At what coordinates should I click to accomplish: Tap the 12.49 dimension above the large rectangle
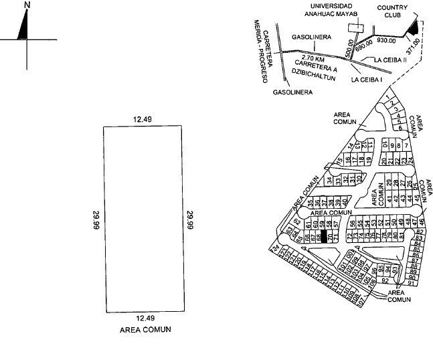pos(142,119)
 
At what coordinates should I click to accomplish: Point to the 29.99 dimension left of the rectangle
pos(96,219)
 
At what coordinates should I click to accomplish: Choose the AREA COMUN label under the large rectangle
pos(145,329)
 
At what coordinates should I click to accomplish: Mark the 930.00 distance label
pos(387,41)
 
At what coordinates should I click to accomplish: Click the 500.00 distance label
pos(349,47)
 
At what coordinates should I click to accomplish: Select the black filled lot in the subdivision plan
pos(323,235)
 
